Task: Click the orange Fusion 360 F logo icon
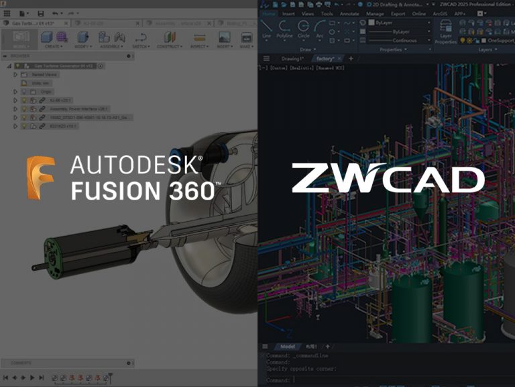pyautogui.click(x=41, y=178)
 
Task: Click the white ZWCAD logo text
pyautogui.click(x=388, y=179)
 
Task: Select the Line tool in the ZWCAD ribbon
pyautogui.click(x=266, y=30)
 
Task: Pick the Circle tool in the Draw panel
pyautogui.click(x=303, y=30)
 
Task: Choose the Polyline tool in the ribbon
pyautogui.click(x=284, y=30)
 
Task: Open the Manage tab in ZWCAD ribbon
pyautogui.click(x=375, y=13)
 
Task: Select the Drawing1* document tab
pyautogui.click(x=292, y=59)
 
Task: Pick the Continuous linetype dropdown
pyautogui.click(x=402, y=41)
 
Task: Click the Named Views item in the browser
pyautogui.click(x=45, y=75)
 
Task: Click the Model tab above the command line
pyautogui.click(x=287, y=347)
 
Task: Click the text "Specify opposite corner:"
pyautogui.click(x=301, y=368)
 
